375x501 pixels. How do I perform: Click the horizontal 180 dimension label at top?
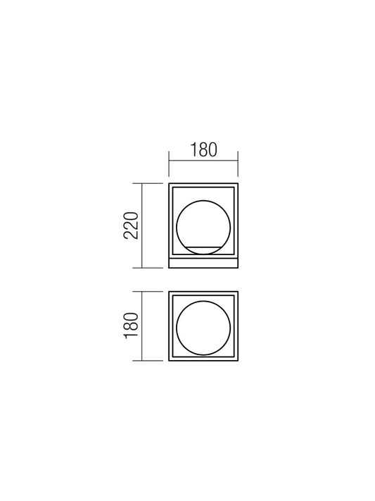pos(203,150)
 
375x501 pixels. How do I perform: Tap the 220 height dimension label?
pos(131,225)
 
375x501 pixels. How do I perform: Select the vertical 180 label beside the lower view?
pos(131,326)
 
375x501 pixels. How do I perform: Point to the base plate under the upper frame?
pos(203,263)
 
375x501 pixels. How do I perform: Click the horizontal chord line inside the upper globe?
pos(203,247)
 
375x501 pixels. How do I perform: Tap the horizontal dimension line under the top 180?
pos(203,160)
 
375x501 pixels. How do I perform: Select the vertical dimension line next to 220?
pos(141,225)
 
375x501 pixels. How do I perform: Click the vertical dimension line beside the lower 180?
pos(141,326)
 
